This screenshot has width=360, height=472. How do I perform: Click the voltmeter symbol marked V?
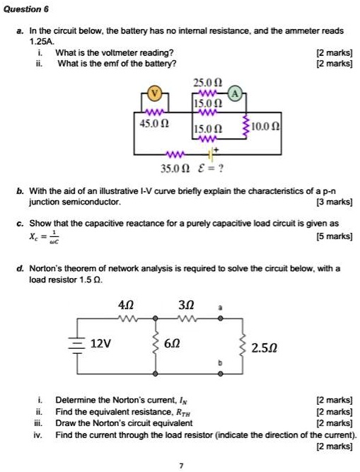157,92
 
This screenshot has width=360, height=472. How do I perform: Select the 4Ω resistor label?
126,305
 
